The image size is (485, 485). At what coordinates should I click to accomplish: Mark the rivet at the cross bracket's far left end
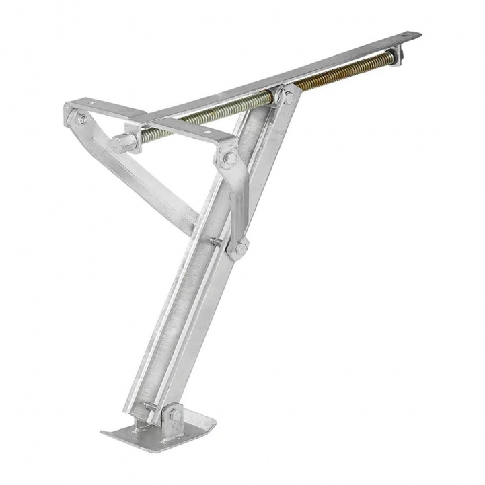tap(82, 120)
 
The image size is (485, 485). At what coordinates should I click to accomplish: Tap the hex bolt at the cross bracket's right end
tap(227, 159)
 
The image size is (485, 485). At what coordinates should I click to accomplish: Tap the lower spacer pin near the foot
tap(149, 406)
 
